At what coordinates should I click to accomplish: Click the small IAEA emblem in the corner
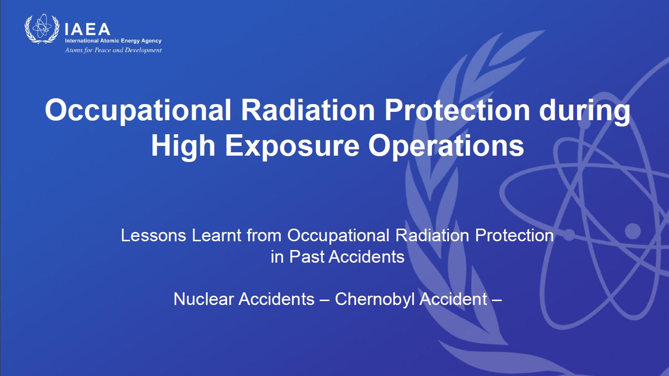tap(42, 29)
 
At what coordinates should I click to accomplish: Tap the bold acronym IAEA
tap(87, 29)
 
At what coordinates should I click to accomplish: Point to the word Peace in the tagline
tap(103, 50)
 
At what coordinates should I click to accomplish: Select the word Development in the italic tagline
tap(143, 50)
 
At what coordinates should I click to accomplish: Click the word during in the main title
tap(585, 111)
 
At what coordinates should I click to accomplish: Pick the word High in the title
tap(183, 146)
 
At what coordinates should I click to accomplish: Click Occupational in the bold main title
tap(138, 111)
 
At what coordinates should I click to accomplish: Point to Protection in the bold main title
tap(457, 110)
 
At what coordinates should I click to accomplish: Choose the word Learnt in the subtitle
tap(217, 235)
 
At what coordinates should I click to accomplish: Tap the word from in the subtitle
tap(264, 235)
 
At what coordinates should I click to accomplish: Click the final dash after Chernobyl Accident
tap(496, 300)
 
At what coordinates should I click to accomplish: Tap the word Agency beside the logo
tap(151, 41)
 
